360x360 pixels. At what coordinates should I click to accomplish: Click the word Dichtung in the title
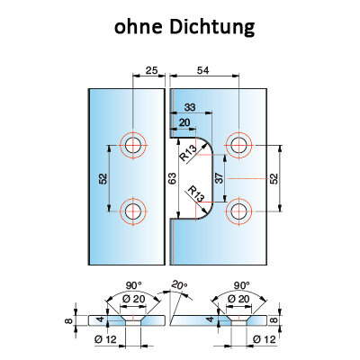coord(211,27)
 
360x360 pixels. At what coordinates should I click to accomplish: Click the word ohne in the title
coord(139,27)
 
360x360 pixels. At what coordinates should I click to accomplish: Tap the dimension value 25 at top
coord(151,70)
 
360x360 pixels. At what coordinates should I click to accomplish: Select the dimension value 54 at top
coord(202,70)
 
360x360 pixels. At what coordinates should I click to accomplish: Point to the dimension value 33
coord(190,107)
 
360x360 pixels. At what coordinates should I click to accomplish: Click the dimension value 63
coord(172,178)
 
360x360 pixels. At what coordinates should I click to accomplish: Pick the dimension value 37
coord(220,178)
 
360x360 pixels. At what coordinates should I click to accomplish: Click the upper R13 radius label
coord(188,152)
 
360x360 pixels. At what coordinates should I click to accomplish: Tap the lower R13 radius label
coord(195,193)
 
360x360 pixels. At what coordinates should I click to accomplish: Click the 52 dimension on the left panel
coord(103,179)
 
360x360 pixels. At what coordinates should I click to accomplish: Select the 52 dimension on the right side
coord(274,179)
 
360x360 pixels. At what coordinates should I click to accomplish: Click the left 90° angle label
coord(133,286)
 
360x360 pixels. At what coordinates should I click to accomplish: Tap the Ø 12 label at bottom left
coord(105,339)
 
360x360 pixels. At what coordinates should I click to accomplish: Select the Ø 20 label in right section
coord(238,299)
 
